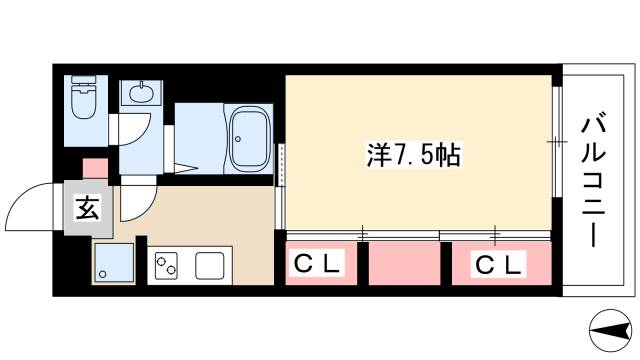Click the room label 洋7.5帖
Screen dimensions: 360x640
(399, 154)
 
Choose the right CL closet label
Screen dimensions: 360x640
(497, 265)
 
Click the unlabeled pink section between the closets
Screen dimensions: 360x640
(404, 263)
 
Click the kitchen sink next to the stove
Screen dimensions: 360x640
(210, 267)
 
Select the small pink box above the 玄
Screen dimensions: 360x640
(94, 168)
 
